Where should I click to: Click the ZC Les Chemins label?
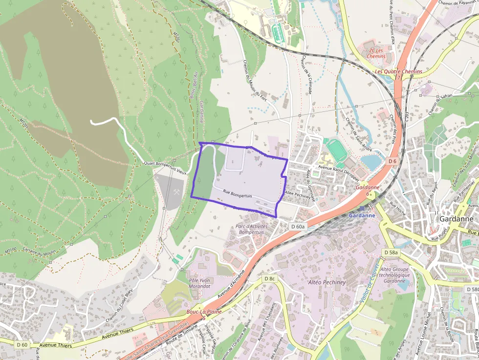376,53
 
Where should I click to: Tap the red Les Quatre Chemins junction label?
398,72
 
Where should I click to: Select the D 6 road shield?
392,161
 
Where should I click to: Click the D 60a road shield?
298,227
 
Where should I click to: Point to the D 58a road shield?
391,253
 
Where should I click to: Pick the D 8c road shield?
270,278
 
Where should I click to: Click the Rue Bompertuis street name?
238,194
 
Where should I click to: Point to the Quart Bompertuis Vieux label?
165,168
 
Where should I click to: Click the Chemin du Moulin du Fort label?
255,81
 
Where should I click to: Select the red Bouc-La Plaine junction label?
204,312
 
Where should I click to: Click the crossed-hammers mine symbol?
174,192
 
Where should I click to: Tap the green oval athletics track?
337,149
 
